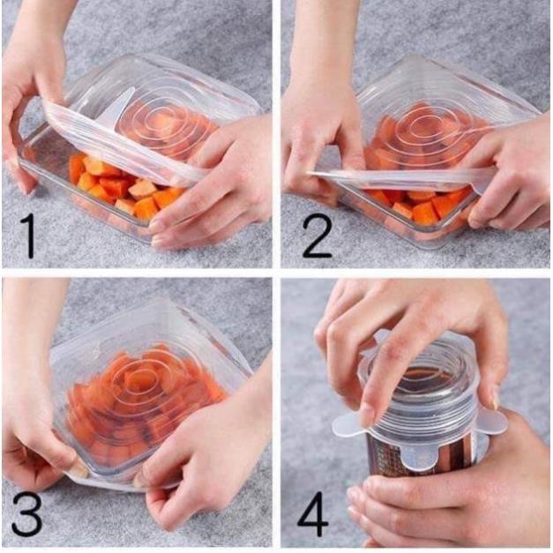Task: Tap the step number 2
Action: click(x=317, y=235)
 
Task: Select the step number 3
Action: click(x=26, y=515)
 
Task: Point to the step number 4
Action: click(x=313, y=514)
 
